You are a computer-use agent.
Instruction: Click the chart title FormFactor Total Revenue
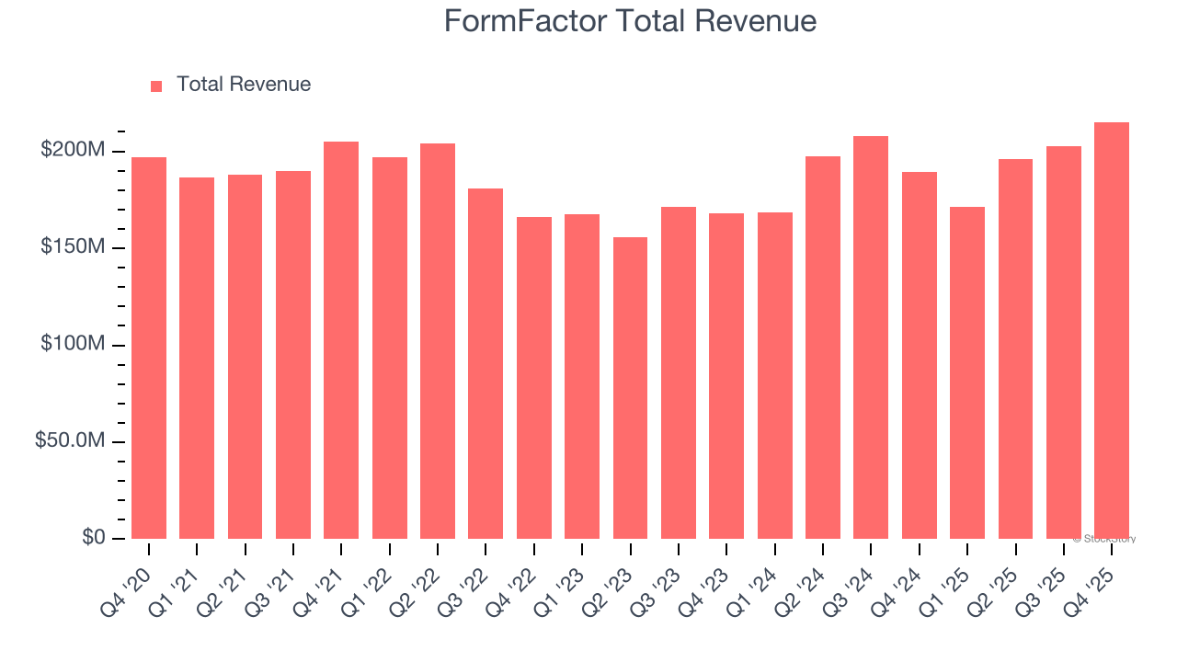coord(630,20)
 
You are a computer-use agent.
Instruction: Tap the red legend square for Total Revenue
coord(156,86)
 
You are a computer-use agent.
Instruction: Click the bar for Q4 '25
coord(1112,330)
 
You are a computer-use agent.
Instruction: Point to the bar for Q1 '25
coord(967,372)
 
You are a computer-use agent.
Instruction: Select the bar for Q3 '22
coord(486,363)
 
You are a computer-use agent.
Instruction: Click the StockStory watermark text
coord(1104,539)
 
